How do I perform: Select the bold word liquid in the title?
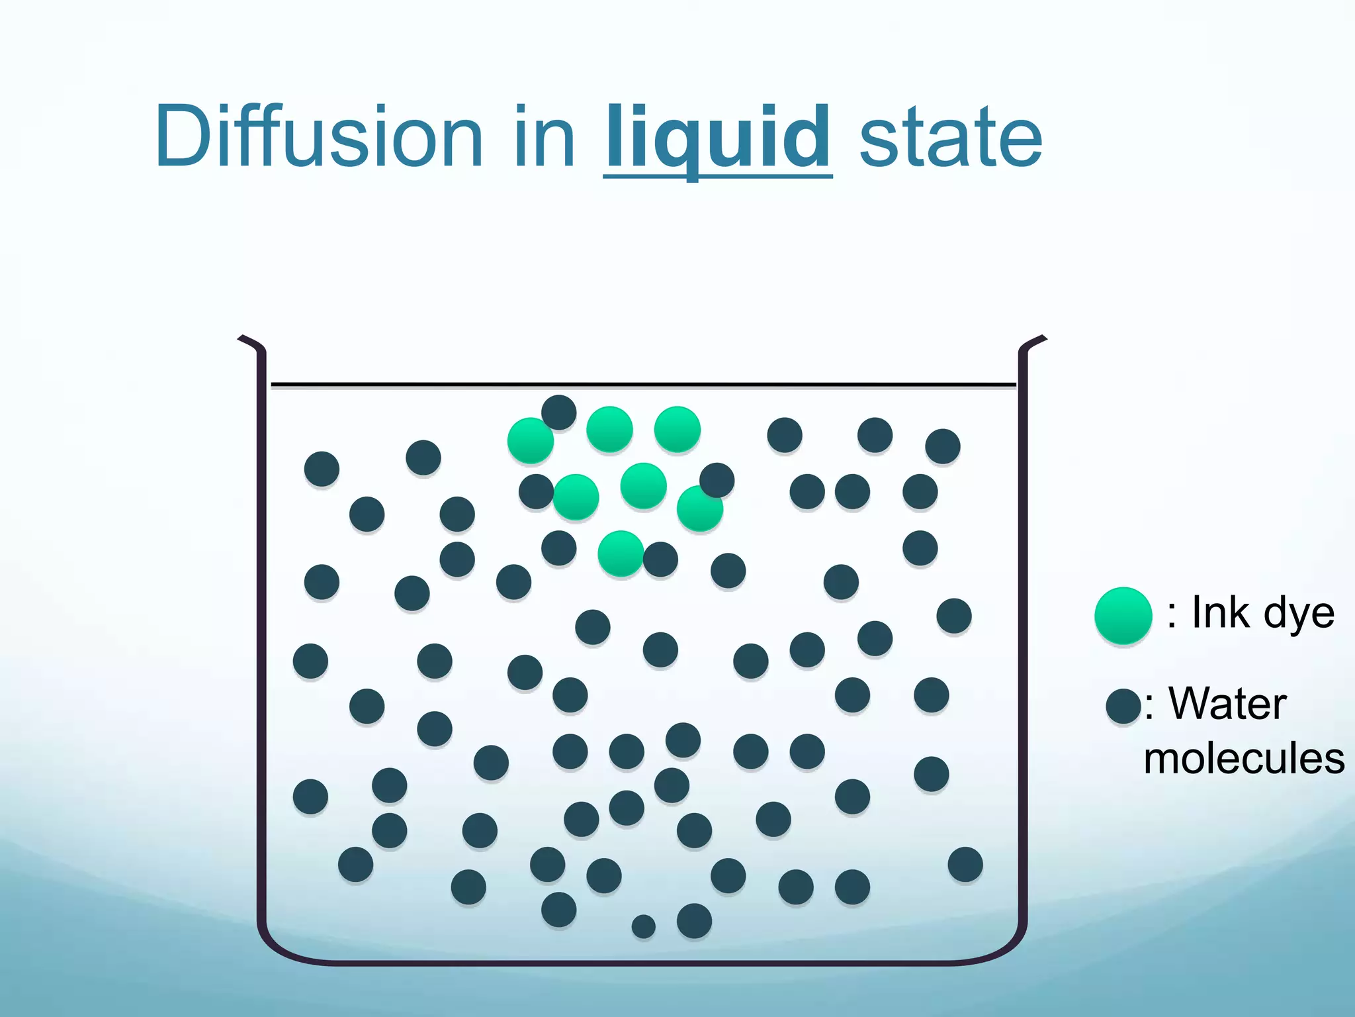[717, 138]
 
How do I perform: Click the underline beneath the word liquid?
[717, 175]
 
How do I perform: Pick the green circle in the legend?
[1123, 615]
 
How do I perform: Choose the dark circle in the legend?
[1123, 706]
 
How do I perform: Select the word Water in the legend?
[1228, 703]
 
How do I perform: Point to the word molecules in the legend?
[1244, 759]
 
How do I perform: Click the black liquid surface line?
[643, 384]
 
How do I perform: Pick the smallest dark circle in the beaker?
[643, 926]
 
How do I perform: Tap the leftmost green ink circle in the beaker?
[530, 440]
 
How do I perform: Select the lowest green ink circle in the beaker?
[620, 553]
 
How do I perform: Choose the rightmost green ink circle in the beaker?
[699, 508]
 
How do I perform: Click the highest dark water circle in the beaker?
[558, 412]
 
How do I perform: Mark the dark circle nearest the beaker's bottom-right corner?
[965, 864]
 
